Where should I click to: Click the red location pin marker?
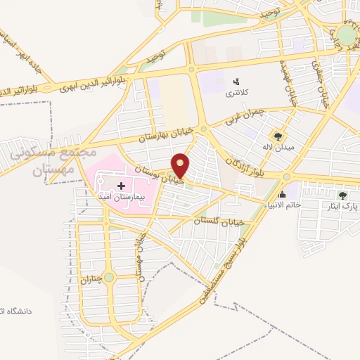pyautogui.click(x=181, y=165)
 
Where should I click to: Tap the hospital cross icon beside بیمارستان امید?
pyautogui.click(x=121, y=186)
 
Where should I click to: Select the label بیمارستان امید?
pyautogui.click(x=117, y=197)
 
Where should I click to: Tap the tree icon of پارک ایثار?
pyautogui.click(x=342, y=196)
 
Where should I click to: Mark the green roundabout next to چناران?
pyautogui.click(x=108, y=277)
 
